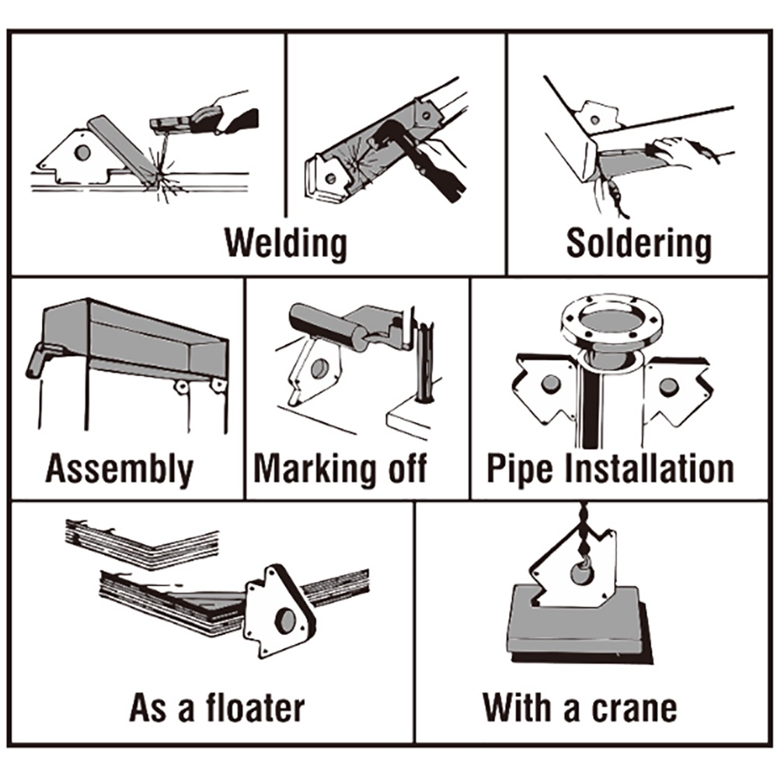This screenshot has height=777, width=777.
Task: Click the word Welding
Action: (286, 243)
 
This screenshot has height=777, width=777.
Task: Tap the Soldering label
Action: (639, 243)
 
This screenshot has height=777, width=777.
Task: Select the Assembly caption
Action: (119, 469)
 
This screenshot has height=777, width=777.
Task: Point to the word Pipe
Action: (516, 469)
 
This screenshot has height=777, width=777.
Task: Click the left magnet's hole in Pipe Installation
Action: (551, 383)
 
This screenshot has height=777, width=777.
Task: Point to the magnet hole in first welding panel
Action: (82, 152)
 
